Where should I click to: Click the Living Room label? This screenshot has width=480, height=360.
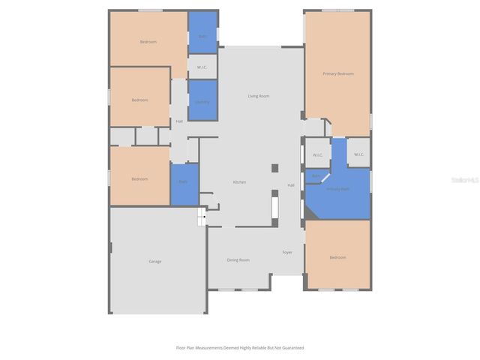pos(259,96)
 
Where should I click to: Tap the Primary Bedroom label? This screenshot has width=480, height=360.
pos(337,73)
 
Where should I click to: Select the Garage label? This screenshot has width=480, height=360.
pos(155,261)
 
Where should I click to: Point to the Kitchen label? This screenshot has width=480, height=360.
pos(239,182)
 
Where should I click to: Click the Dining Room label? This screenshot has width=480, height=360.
pos(238,259)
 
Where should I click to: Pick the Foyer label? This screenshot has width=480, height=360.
pos(287,252)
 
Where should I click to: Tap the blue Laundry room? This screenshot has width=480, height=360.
pos(202,101)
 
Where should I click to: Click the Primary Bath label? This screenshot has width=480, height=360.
pos(337,189)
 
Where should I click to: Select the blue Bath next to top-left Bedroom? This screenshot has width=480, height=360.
pos(202,36)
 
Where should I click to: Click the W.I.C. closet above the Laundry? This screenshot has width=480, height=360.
pos(202,67)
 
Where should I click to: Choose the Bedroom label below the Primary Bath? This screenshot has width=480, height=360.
pos(337,257)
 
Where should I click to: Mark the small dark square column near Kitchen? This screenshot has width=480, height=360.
pos(274,168)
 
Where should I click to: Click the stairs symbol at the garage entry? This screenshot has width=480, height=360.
pos(202,217)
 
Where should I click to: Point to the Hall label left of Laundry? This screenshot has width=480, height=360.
pos(179,121)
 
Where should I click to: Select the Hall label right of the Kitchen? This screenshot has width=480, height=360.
pos(291,185)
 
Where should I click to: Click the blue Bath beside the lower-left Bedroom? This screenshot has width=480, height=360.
pos(184,182)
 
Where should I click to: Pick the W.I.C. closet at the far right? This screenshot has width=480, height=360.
pos(358,154)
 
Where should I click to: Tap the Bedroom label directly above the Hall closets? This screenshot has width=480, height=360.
pos(139,100)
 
